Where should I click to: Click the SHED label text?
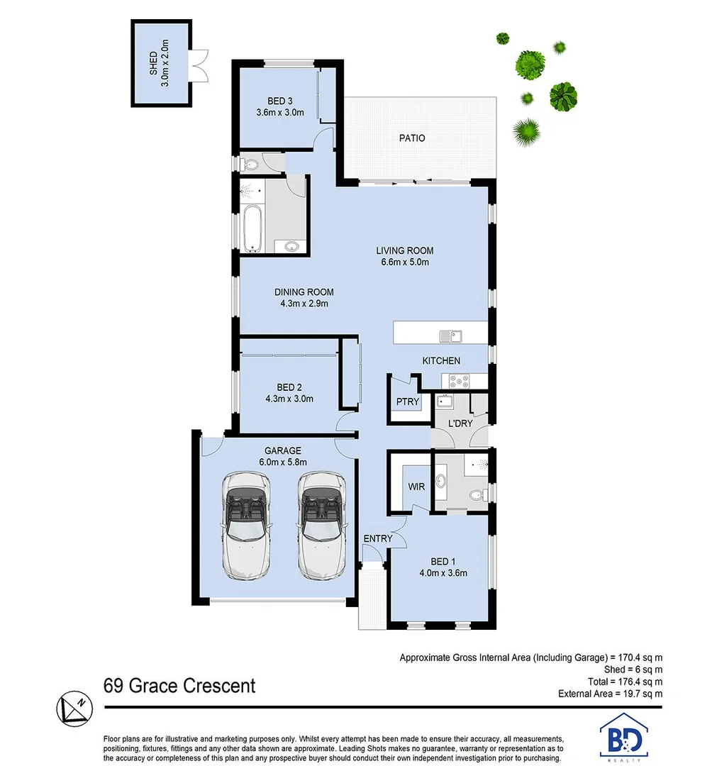(x=152, y=63)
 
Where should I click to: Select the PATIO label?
(x=412, y=138)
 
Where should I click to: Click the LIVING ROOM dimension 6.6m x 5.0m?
(x=404, y=262)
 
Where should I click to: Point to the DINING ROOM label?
(x=304, y=292)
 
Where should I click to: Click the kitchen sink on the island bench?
(x=450, y=335)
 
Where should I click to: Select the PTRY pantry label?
(x=408, y=402)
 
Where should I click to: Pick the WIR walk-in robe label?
(x=416, y=487)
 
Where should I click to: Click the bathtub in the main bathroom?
(x=251, y=229)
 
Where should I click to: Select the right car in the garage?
(x=320, y=524)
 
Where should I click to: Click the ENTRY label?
(x=377, y=538)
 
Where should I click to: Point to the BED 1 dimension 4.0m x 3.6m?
(x=443, y=573)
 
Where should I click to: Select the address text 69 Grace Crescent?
(x=179, y=686)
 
